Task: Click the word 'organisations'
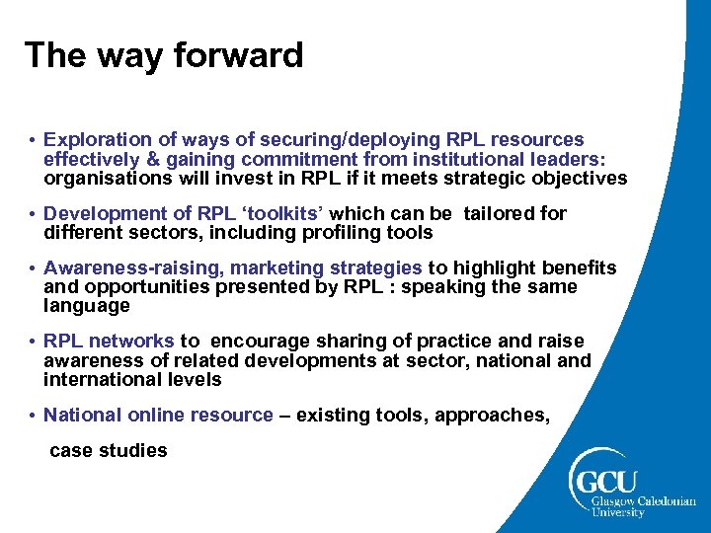pyautogui.click(x=103, y=179)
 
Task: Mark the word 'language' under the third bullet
pyautogui.click(x=87, y=306)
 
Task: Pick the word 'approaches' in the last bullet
pyautogui.click(x=496, y=416)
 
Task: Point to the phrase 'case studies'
pyautogui.click(x=109, y=450)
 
